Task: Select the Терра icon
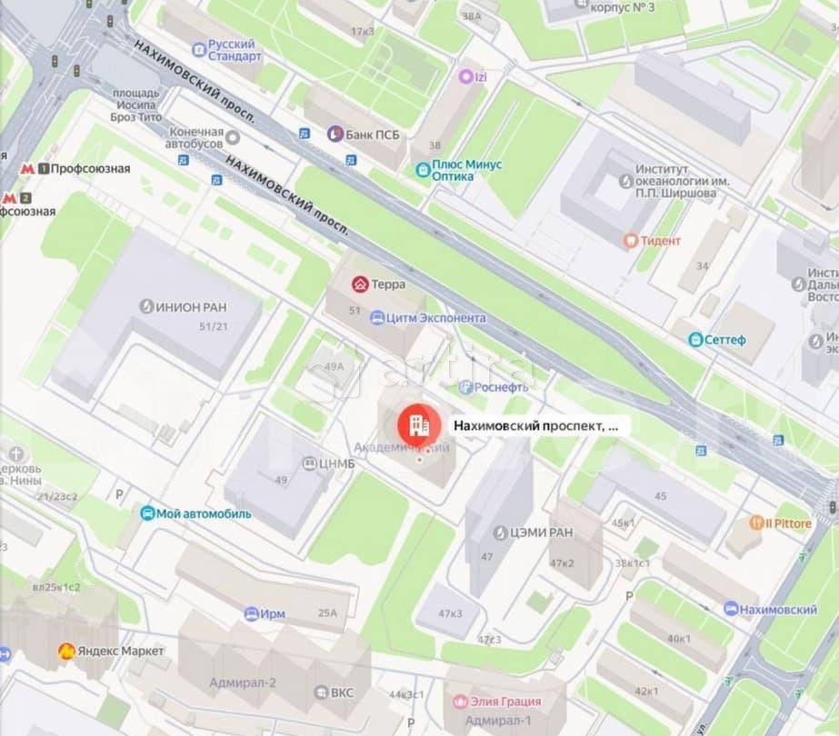coord(361,284)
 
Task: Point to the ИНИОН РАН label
coord(190,306)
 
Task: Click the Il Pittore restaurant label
coord(787,523)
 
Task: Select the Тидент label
coord(661,241)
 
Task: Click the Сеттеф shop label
coord(725,340)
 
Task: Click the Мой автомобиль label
coord(204,513)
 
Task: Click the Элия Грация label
coord(504,701)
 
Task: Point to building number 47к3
coord(450,613)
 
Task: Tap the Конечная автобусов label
coord(195,138)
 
